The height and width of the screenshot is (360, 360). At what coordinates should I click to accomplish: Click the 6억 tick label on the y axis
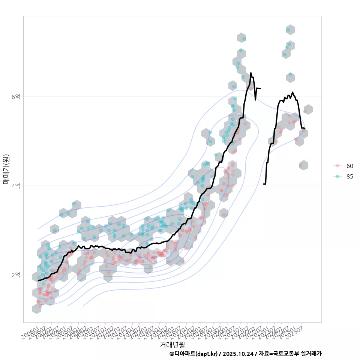pyautogui.click(x=16, y=97)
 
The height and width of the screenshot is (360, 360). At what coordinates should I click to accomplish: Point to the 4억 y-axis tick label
pyautogui.click(x=16, y=186)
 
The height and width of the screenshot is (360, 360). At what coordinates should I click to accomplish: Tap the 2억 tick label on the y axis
pyautogui.click(x=16, y=275)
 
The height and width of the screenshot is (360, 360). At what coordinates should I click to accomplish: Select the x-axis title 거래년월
pyautogui.click(x=172, y=344)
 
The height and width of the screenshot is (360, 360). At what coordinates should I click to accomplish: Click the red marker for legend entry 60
pyautogui.click(x=338, y=166)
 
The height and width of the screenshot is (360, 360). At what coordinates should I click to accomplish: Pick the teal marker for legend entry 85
pyautogui.click(x=338, y=177)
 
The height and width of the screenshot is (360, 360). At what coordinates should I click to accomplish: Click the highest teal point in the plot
pyautogui.click(x=288, y=30)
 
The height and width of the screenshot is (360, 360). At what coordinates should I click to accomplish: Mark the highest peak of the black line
pyautogui.click(x=251, y=73)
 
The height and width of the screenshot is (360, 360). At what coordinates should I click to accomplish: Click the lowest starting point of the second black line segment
pyautogui.click(x=264, y=184)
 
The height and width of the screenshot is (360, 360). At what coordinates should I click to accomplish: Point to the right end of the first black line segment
pyautogui.click(x=261, y=88)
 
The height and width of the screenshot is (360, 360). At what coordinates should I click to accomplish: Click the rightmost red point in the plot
pyautogui.click(x=305, y=111)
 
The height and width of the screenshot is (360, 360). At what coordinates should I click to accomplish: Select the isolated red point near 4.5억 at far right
pyautogui.click(x=300, y=165)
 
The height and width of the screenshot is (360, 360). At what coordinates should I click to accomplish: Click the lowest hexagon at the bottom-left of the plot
pyautogui.click(x=37, y=309)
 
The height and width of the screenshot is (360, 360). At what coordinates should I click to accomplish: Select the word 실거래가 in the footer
pyautogui.click(x=311, y=354)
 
